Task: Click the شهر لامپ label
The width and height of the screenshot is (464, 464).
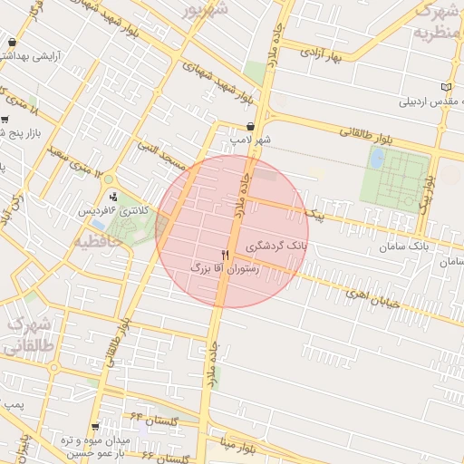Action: (x=250, y=141)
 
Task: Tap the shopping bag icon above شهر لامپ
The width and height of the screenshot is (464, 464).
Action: (x=250, y=127)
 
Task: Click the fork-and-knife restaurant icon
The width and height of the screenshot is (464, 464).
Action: (x=225, y=255)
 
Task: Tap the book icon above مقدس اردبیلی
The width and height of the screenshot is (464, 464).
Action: (x=445, y=87)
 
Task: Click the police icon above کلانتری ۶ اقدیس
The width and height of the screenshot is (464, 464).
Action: (x=112, y=195)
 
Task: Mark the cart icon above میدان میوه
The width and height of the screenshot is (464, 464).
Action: (x=96, y=427)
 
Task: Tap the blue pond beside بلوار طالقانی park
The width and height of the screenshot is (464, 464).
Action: (x=376, y=158)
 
